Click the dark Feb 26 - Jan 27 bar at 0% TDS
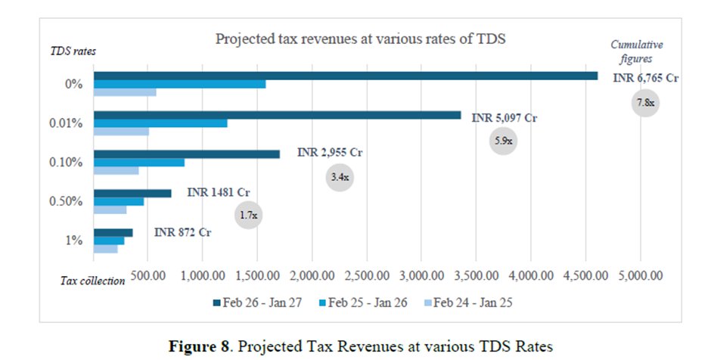click(x=345, y=76)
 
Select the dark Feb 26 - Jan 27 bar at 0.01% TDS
click(x=277, y=115)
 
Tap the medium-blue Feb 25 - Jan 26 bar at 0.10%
click(x=138, y=163)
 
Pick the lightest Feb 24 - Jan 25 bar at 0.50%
click(x=110, y=210)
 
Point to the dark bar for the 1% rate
click(x=113, y=232)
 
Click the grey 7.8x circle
click(x=645, y=102)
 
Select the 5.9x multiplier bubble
click(x=503, y=141)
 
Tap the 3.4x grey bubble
click(x=340, y=178)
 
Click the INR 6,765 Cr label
click(x=645, y=78)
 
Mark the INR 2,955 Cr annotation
click(x=330, y=153)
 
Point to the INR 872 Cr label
click(x=182, y=231)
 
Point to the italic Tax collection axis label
click(x=92, y=281)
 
